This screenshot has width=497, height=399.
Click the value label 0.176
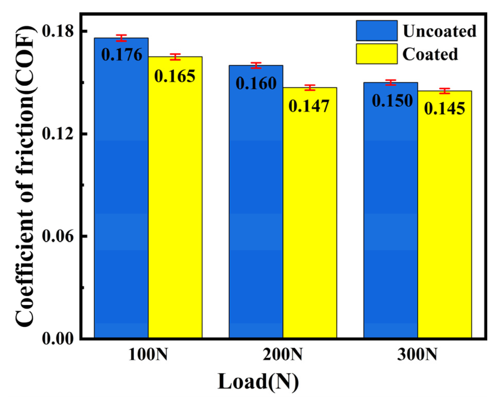[x=122, y=55]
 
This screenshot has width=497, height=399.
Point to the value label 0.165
[x=175, y=76]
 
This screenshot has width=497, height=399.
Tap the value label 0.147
[x=309, y=106]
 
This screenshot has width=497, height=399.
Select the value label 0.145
[x=444, y=108]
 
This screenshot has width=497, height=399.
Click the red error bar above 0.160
[x=256, y=65]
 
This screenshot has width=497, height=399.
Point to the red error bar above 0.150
[x=391, y=83]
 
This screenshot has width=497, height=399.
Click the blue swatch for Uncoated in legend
[x=376, y=31]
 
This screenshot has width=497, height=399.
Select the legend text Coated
[x=430, y=54]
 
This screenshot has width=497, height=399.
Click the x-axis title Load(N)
[x=258, y=382]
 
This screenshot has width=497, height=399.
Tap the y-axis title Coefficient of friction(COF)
[x=25, y=177]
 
